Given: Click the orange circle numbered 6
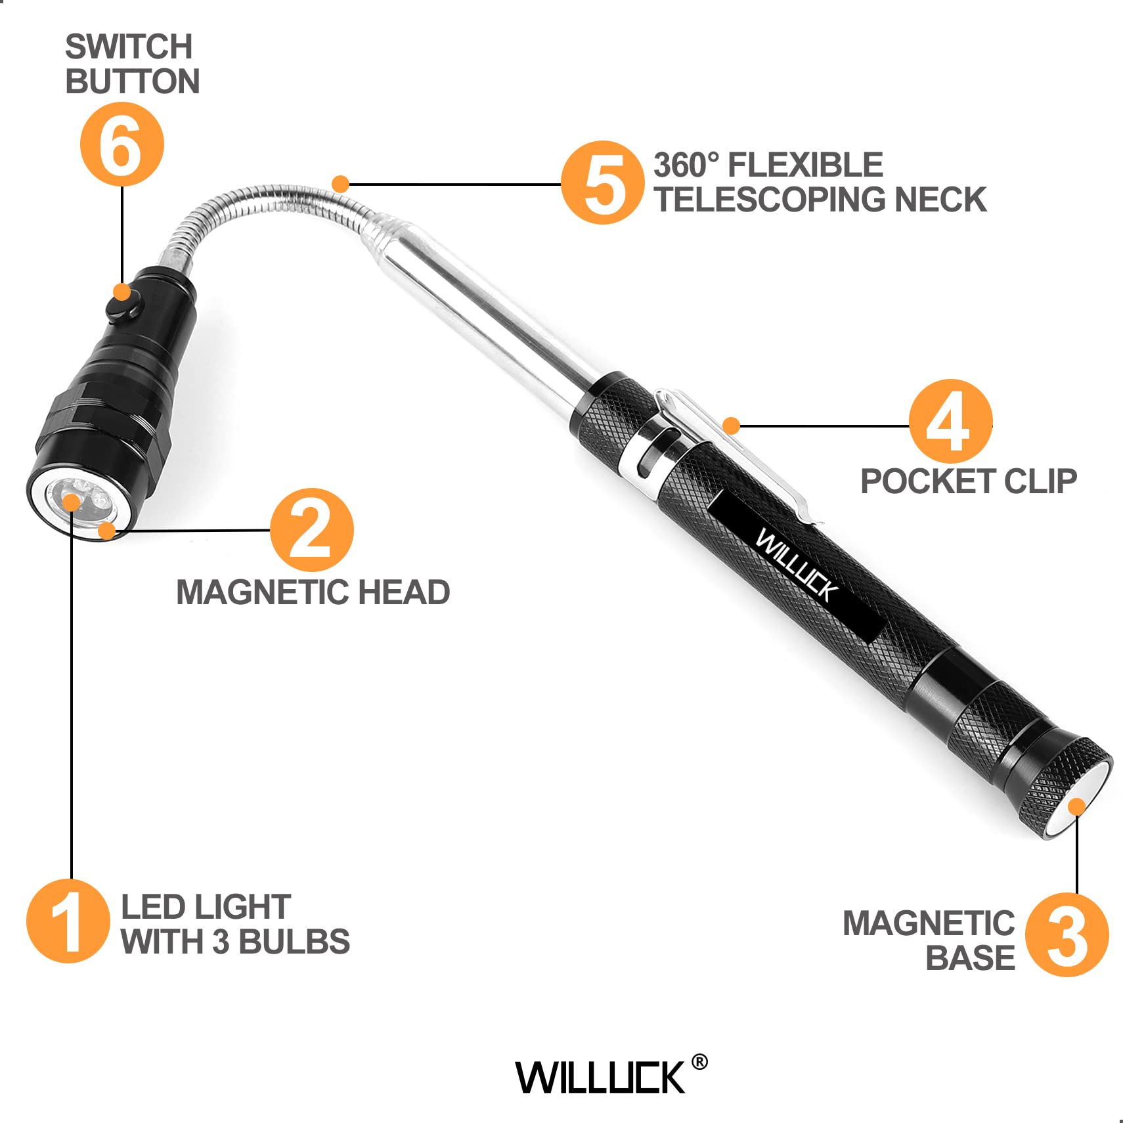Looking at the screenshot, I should pyautogui.click(x=122, y=144).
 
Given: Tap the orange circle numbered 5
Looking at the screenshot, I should pyautogui.click(x=602, y=183).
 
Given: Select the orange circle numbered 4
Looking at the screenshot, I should pyautogui.click(x=950, y=421).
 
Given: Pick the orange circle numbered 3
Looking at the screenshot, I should pyautogui.click(x=1067, y=935).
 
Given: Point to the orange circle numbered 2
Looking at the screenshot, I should pyautogui.click(x=311, y=530).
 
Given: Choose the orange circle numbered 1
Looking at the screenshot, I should pyautogui.click(x=68, y=921).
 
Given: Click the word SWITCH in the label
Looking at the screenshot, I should pyautogui.click(x=129, y=47).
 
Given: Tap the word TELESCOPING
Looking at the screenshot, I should pyautogui.click(x=770, y=200).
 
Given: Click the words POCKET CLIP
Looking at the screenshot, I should pyautogui.click(x=968, y=481).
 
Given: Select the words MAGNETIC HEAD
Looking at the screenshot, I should pyautogui.click(x=313, y=592).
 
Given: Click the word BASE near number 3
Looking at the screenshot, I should pyautogui.click(x=969, y=958).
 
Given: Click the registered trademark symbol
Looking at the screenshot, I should pyautogui.click(x=699, y=1062).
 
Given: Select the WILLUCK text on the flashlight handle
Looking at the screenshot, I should pyautogui.click(x=796, y=565).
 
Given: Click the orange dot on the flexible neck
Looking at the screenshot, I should pyautogui.click(x=340, y=184).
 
